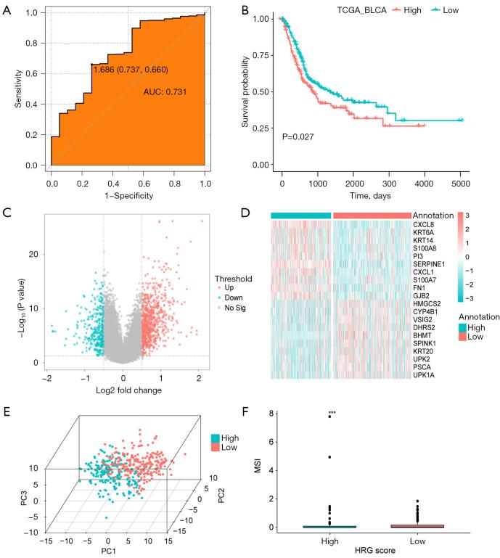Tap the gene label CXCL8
424,224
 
